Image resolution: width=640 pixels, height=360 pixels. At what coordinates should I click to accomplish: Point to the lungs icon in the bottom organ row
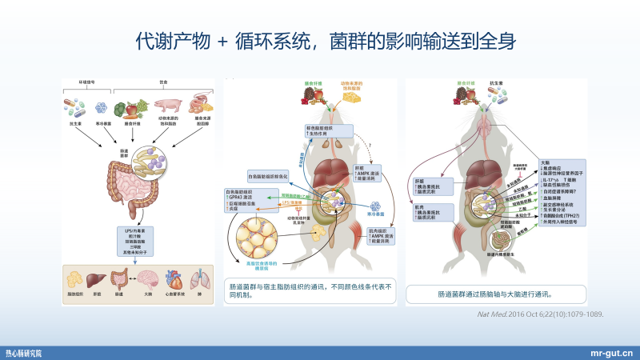point(201,279)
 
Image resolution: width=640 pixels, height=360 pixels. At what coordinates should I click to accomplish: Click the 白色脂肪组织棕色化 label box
point(269,175)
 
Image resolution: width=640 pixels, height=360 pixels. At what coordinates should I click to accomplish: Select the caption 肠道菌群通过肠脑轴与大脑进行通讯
point(486,294)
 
